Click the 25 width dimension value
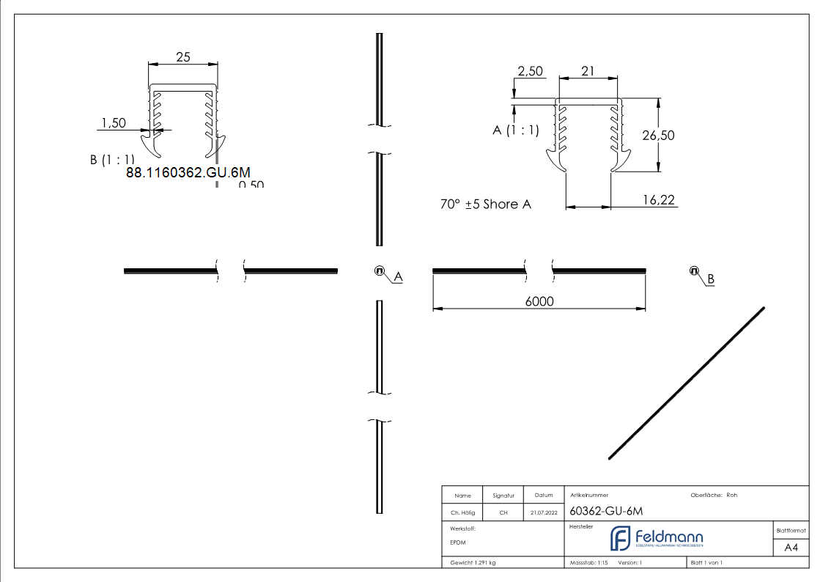tap(183, 57)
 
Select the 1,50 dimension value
tap(113, 123)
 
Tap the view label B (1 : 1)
tap(112, 160)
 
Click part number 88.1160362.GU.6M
tap(188, 173)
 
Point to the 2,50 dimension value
tap(530, 71)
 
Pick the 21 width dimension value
tap(588, 71)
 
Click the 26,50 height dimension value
tap(658, 135)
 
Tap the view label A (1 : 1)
tap(516, 130)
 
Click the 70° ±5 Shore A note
tap(485, 205)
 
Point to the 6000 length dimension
tap(539, 301)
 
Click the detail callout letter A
tap(398, 276)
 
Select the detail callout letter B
tap(710, 279)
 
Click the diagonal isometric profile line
tap(687, 383)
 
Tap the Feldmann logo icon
tap(620, 538)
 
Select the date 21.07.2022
tap(543, 513)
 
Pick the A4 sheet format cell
tap(791, 548)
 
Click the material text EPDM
tap(458, 542)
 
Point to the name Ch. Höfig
tap(462, 513)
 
